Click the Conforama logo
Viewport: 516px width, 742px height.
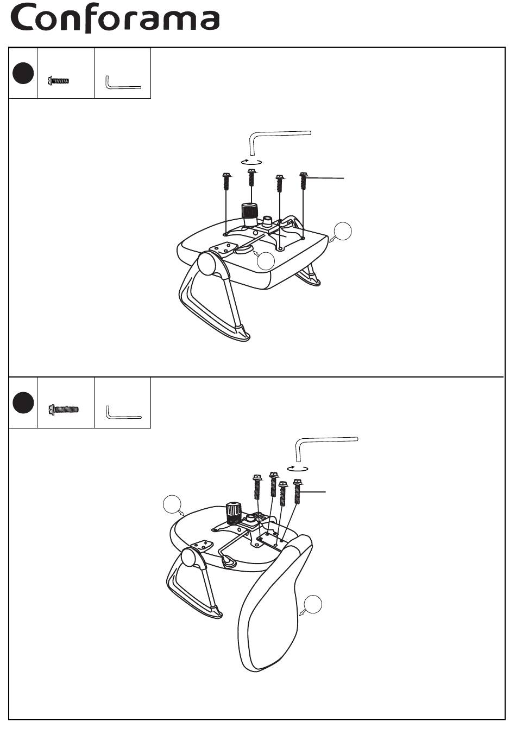pos(116,19)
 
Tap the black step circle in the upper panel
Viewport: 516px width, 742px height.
pos(23,73)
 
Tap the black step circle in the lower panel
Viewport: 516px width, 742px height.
pos(23,403)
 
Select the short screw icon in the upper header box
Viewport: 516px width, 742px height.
pos(58,81)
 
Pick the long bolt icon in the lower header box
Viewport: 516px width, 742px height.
pos(64,408)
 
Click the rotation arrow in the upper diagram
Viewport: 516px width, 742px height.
pos(252,161)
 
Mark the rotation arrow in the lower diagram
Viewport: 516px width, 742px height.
pos(298,467)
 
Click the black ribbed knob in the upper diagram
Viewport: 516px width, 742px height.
pos(249,213)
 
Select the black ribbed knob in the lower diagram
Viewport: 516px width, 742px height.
pos(234,511)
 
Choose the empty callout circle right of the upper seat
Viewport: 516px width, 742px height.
pos(343,231)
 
